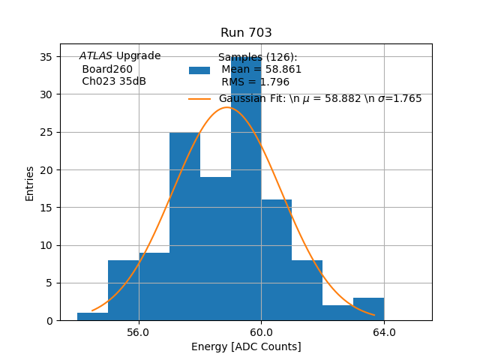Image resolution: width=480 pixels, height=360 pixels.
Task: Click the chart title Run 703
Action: (246, 33)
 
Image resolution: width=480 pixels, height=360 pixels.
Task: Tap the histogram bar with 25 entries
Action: (184, 225)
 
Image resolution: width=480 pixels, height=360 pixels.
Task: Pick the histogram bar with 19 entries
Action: (215, 247)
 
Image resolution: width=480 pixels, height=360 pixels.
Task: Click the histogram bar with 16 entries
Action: (277, 259)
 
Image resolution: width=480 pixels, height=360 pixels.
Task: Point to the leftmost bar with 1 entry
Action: (92, 316)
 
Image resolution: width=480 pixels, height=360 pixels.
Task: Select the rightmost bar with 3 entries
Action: (368, 309)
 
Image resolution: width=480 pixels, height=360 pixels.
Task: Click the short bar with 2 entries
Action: (337, 313)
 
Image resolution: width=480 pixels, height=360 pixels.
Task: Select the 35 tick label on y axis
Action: (46, 57)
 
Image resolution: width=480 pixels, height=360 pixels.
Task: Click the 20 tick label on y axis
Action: (46, 170)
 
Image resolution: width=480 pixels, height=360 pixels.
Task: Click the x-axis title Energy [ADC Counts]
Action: (246, 346)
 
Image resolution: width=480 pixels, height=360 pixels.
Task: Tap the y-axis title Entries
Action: (30, 183)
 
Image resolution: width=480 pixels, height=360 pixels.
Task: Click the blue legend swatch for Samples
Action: (199, 70)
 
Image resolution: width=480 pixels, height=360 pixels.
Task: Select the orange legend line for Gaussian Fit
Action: (199, 98)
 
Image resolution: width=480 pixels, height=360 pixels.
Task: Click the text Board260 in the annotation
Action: (107, 69)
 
